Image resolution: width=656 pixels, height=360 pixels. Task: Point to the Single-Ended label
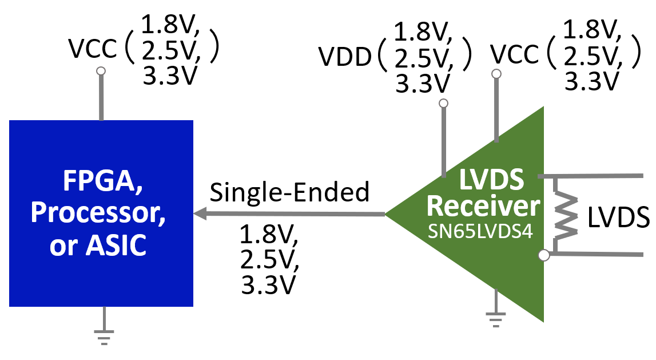[289, 192]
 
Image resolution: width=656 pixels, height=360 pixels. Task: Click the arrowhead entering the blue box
[200, 214]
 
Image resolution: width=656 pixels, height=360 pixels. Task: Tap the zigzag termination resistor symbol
[563, 215]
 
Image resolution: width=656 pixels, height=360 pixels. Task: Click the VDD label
[345, 57]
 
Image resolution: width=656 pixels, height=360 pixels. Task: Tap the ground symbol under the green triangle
[495, 318]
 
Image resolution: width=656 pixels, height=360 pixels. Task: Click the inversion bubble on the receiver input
[544, 255]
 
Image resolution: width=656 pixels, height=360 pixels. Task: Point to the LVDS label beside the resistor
[619, 218]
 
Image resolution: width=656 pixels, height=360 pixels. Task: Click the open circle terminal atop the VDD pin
[443, 104]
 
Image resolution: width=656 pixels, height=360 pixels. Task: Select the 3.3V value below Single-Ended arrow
[268, 284]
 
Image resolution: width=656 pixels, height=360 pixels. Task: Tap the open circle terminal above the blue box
[101, 71]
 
